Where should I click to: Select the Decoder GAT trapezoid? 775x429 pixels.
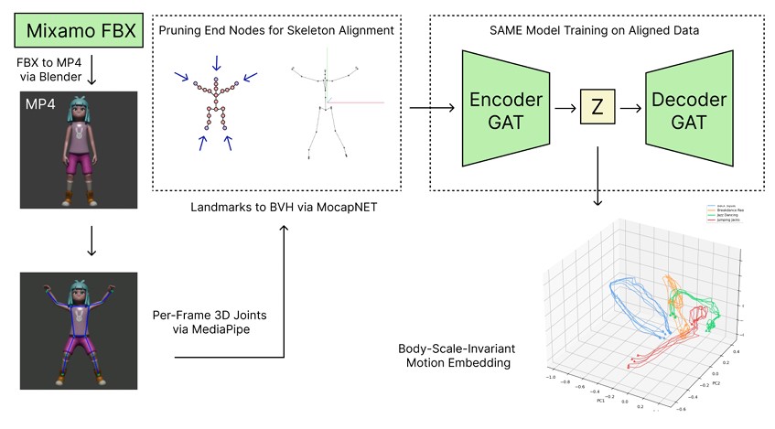point(684,108)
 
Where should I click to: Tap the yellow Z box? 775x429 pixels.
point(596,108)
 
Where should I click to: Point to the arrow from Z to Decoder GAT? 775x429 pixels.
point(630,108)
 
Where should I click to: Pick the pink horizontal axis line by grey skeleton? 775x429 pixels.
point(356,103)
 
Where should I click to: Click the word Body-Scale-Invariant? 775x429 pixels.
point(454,349)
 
